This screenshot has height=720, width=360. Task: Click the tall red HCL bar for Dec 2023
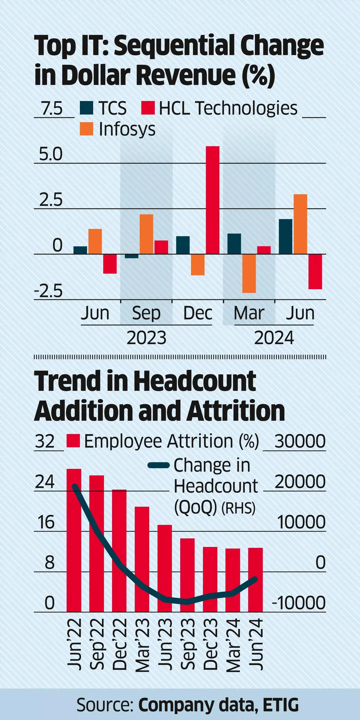[212, 200]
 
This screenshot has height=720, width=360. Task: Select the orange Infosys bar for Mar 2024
[249, 273]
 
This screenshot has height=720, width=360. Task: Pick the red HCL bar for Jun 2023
[110, 263]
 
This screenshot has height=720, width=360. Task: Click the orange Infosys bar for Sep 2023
[146, 234]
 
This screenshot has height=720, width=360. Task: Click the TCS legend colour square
[86, 108]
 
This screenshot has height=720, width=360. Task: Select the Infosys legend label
[127, 129]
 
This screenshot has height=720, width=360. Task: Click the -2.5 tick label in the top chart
[48, 291]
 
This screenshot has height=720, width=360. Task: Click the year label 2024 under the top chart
[274, 338]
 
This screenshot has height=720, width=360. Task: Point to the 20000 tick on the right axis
[300, 481]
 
